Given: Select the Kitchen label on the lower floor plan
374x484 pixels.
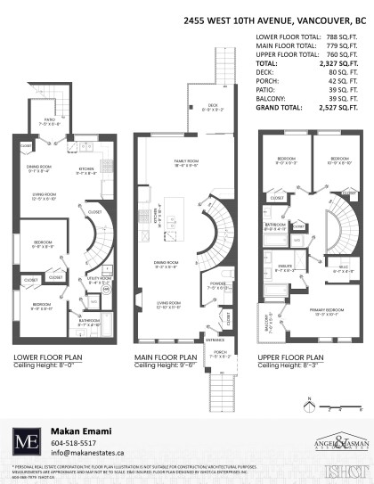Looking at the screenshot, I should [x=85, y=169].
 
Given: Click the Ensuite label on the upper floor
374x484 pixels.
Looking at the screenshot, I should [x=286, y=267].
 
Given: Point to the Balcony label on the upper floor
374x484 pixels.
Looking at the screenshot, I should [x=266, y=328].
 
